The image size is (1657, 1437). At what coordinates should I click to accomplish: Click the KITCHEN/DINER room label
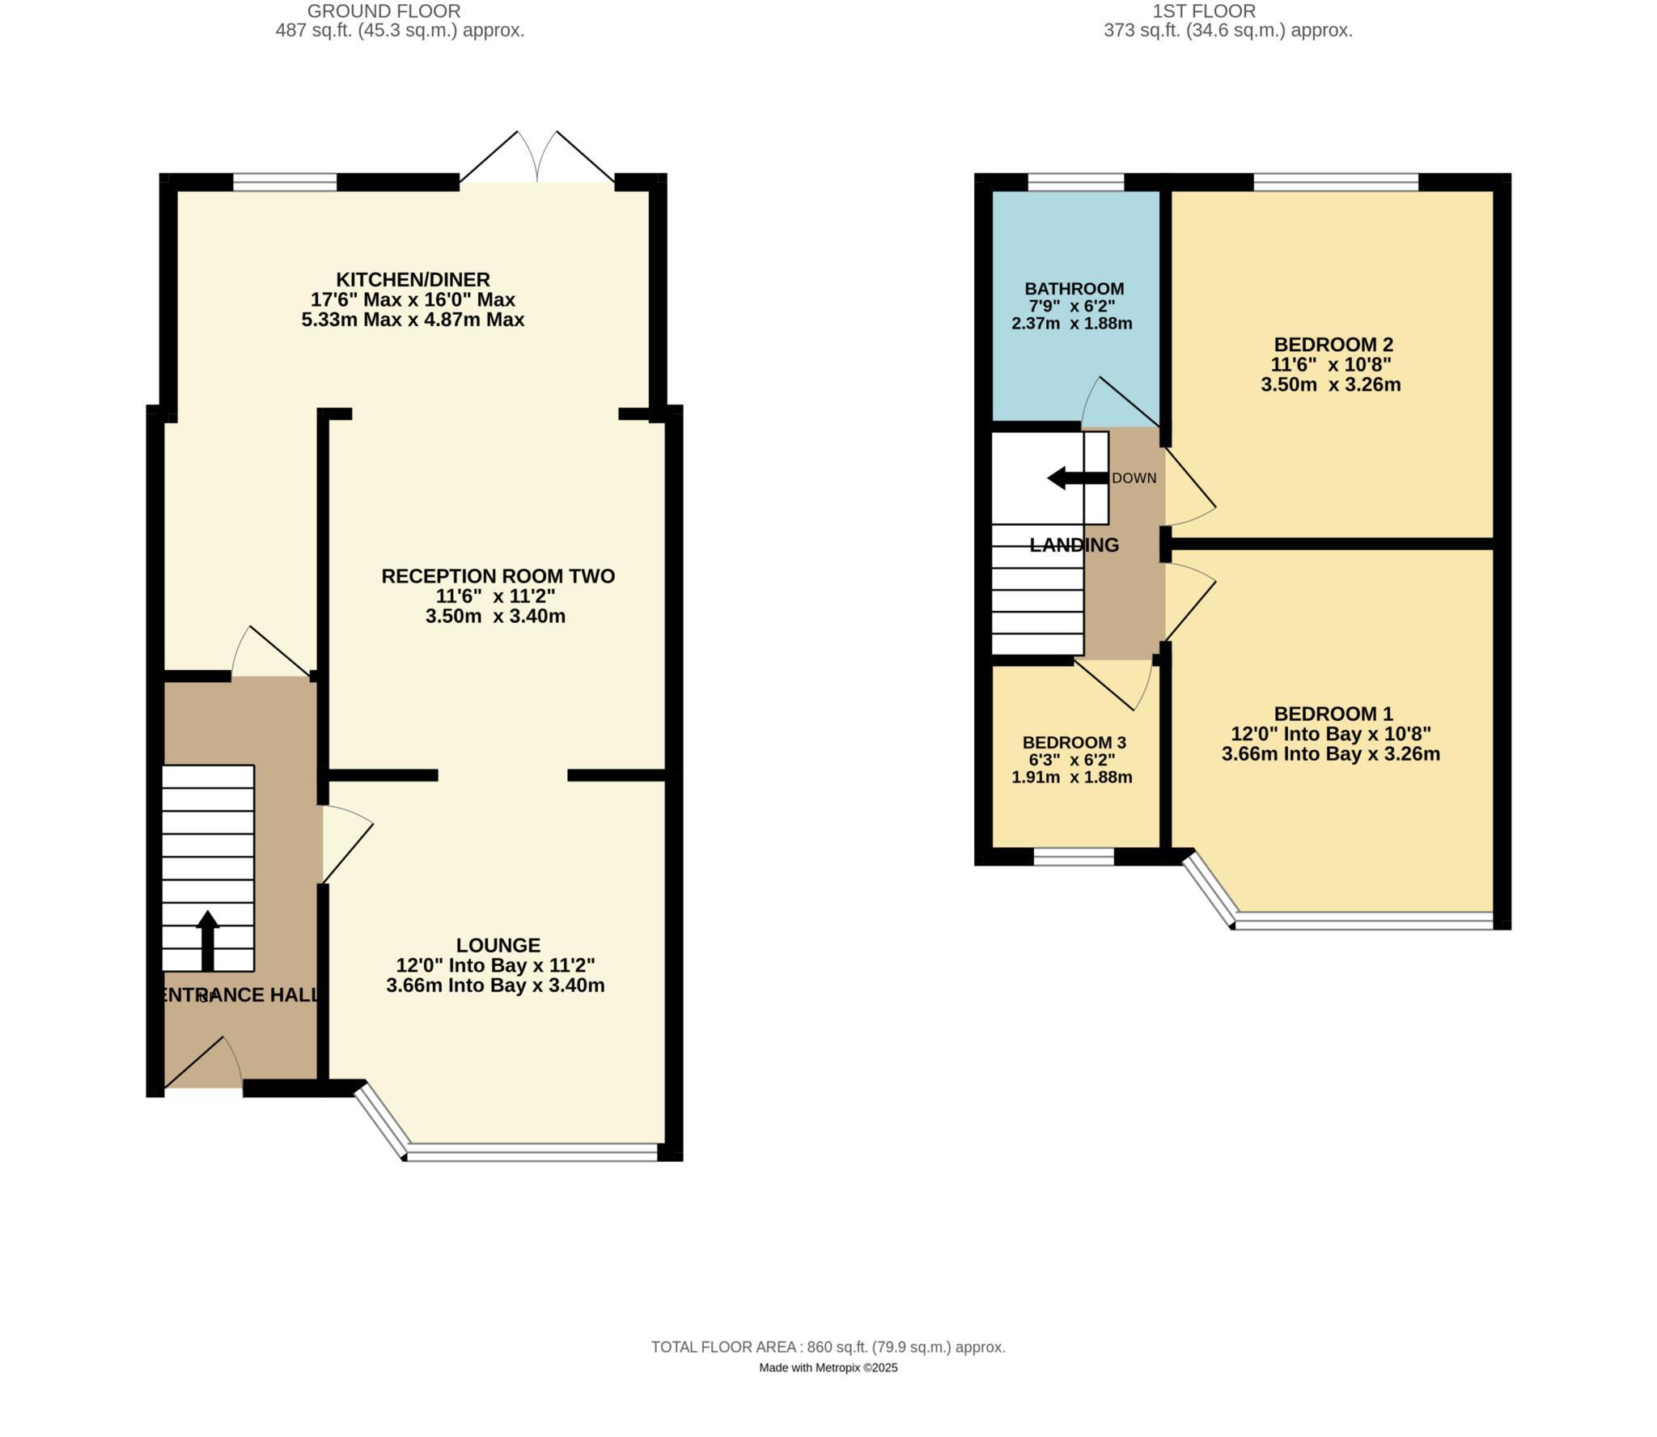[x=413, y=280]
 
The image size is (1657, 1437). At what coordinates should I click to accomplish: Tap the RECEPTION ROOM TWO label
[x=498, y=576]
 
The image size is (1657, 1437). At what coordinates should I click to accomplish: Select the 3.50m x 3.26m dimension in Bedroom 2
[x=1330, y=385]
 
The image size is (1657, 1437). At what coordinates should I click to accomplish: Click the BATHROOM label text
[x=1074, y=289]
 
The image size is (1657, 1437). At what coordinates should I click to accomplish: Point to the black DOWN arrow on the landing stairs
[x=1076, y=478]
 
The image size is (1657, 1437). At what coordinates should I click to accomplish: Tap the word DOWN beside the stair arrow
[x=1134, y=478]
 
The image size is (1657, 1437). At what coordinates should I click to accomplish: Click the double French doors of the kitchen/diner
[x=537, y=158]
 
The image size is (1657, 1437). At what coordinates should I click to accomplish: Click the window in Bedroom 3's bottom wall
[x=1073, y=857]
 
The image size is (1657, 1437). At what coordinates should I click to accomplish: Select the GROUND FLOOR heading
[x=384, y=11]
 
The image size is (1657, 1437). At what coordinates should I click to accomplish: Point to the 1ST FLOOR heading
[x=1204, y=11]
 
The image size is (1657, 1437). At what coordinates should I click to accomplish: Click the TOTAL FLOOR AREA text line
[x=828, y=1347]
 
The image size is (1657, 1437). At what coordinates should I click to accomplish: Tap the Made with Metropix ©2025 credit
[x=828, y=1368]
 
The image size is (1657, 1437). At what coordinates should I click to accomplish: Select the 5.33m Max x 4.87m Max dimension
[x=413, y=320]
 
